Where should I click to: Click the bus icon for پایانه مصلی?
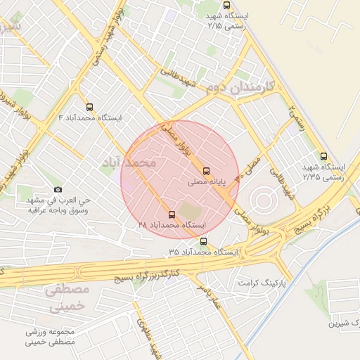point(206,171)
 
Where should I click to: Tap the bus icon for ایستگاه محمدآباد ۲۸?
point(173,214)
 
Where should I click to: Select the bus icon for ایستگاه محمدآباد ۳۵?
point(204,241)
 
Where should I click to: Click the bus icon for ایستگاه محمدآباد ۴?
point(89,108)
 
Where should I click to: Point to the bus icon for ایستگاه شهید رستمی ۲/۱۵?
point(226,5)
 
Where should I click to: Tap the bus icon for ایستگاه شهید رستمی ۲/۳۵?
point(323,156)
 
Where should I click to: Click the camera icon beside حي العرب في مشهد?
point(58,190)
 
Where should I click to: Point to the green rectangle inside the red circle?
point(188,210)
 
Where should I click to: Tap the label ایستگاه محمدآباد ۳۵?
point(204,251)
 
